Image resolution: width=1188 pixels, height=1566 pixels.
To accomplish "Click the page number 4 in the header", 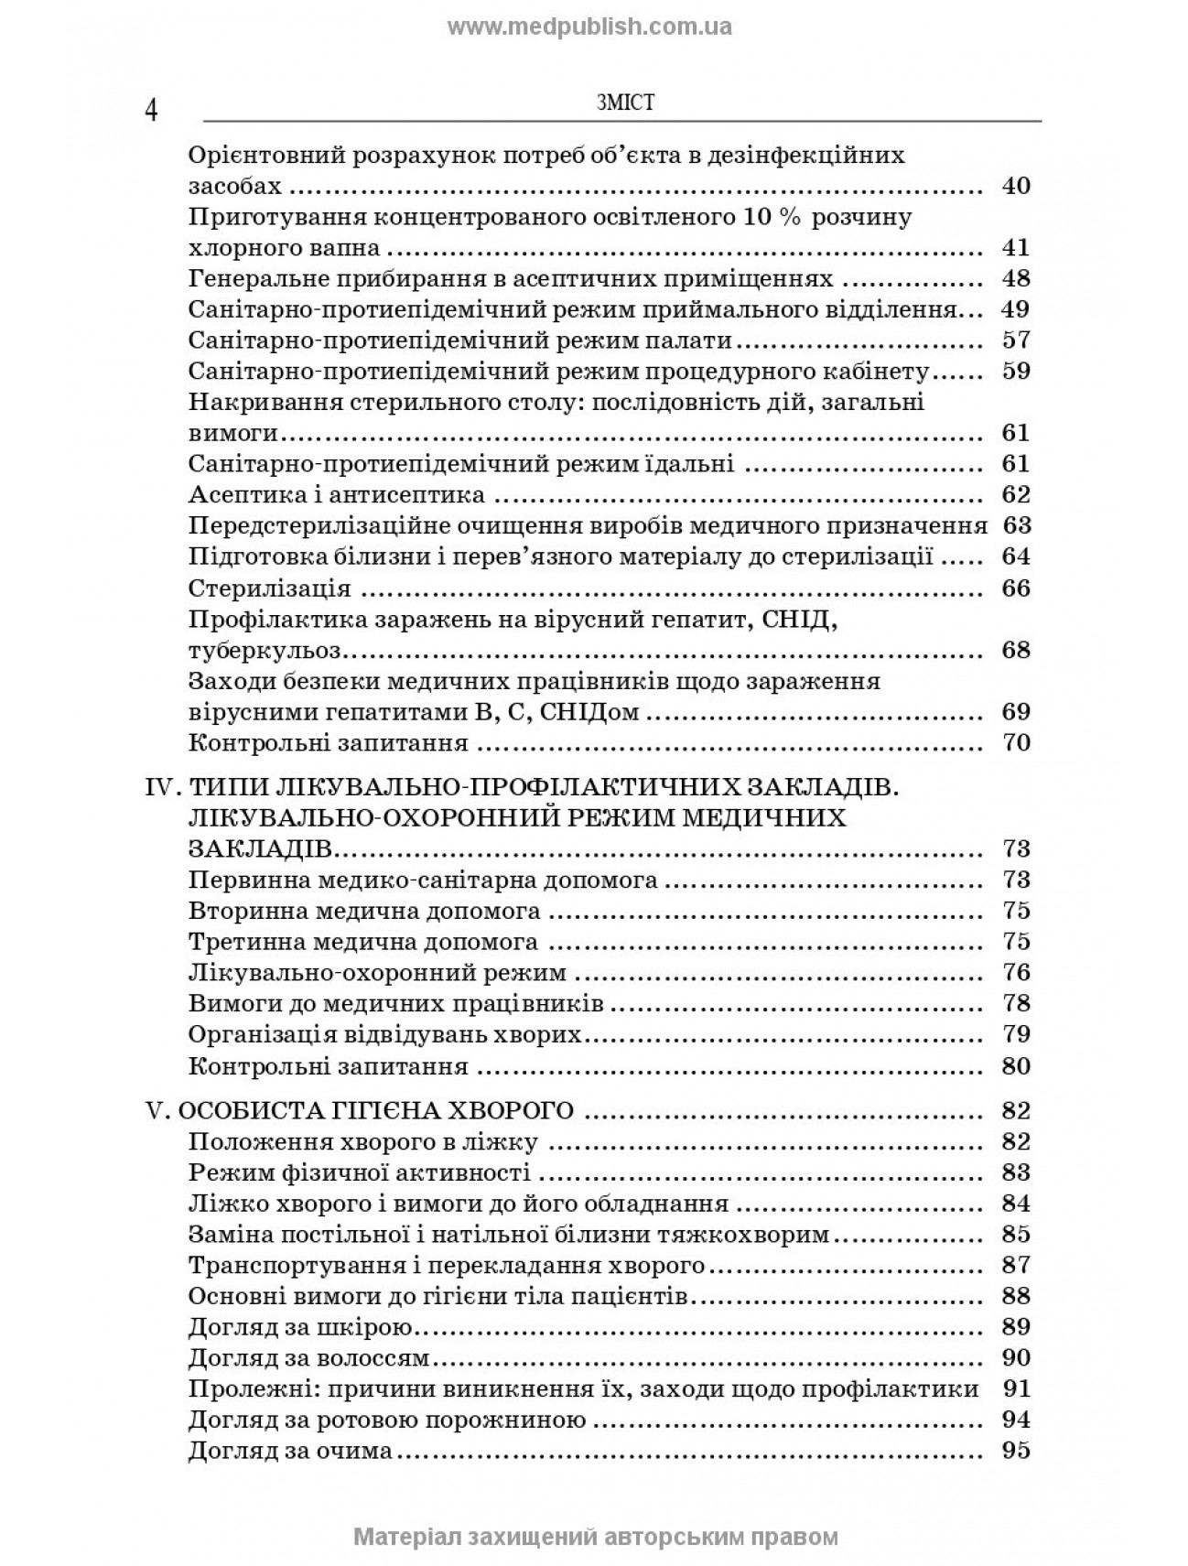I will point(151,111).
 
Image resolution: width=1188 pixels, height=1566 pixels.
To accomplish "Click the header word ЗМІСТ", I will point(625,103).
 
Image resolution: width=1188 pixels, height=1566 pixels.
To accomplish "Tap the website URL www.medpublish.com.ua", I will point(590,27).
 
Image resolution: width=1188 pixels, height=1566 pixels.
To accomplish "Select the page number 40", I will point(1016,186).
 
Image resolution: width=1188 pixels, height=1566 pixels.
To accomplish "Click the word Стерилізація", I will point(270,588).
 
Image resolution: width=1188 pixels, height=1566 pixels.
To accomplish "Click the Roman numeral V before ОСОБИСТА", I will point(155,1111).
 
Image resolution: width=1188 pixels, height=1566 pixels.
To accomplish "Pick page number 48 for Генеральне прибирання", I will point(1016,278).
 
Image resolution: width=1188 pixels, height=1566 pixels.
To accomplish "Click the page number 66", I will point(1016,588).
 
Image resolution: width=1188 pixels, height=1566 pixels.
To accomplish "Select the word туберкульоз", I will point(264,651).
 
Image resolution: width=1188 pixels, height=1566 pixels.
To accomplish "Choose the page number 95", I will point(1016,1451).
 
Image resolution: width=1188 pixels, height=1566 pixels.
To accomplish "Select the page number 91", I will point(1016,1389).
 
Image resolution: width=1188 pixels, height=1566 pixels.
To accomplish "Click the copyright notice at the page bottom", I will point(595,1536).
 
